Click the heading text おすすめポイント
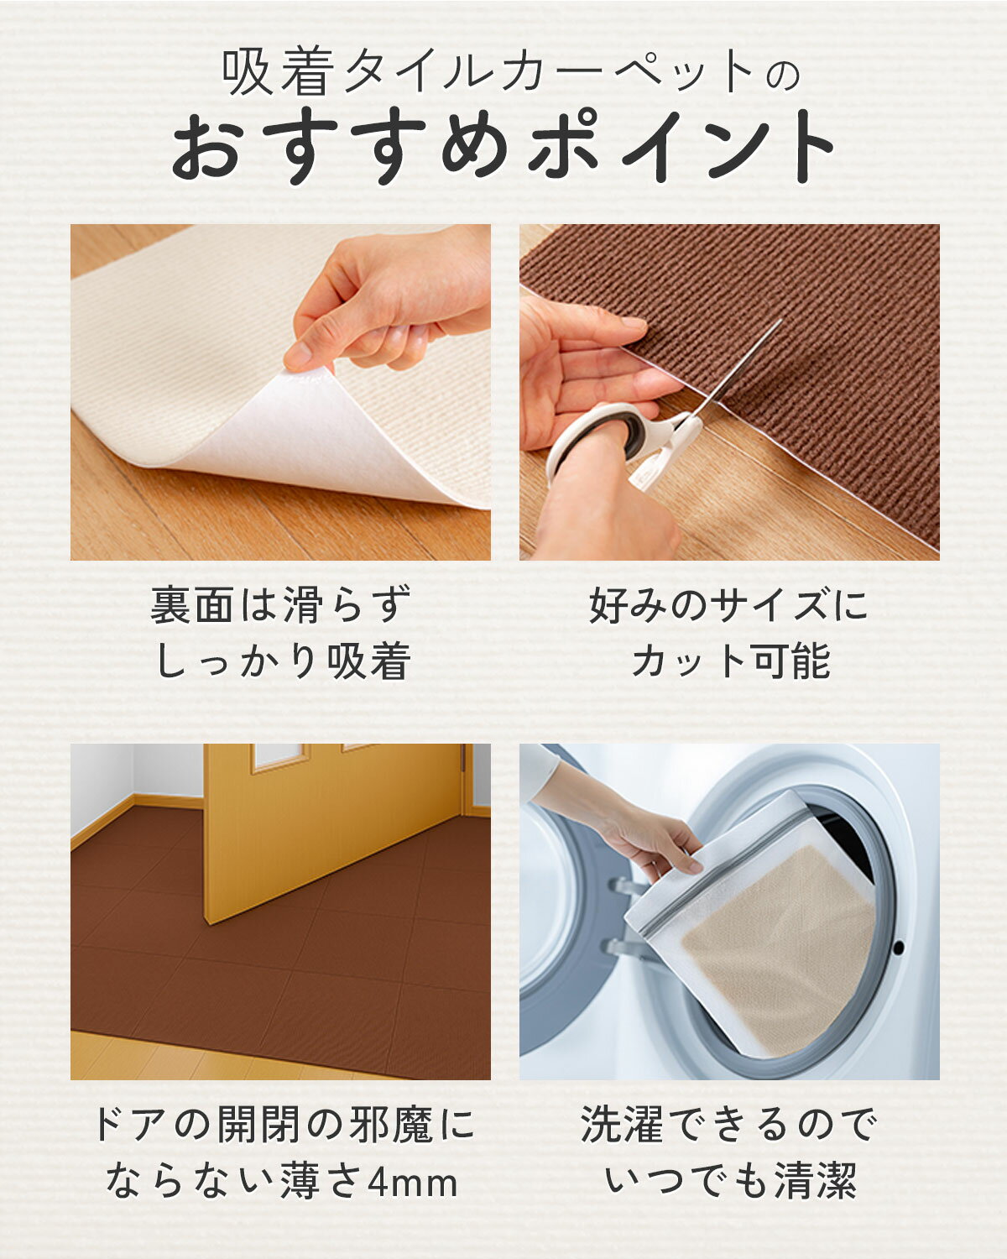(x=503, y=145)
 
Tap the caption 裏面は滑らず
(x=281, y=605)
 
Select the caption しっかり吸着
(x=283, y=661)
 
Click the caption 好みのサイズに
(x=728, y=605)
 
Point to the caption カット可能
(x=730, y=661)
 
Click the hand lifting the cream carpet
(x=392, y=298)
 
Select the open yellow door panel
(x=333, y=831)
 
